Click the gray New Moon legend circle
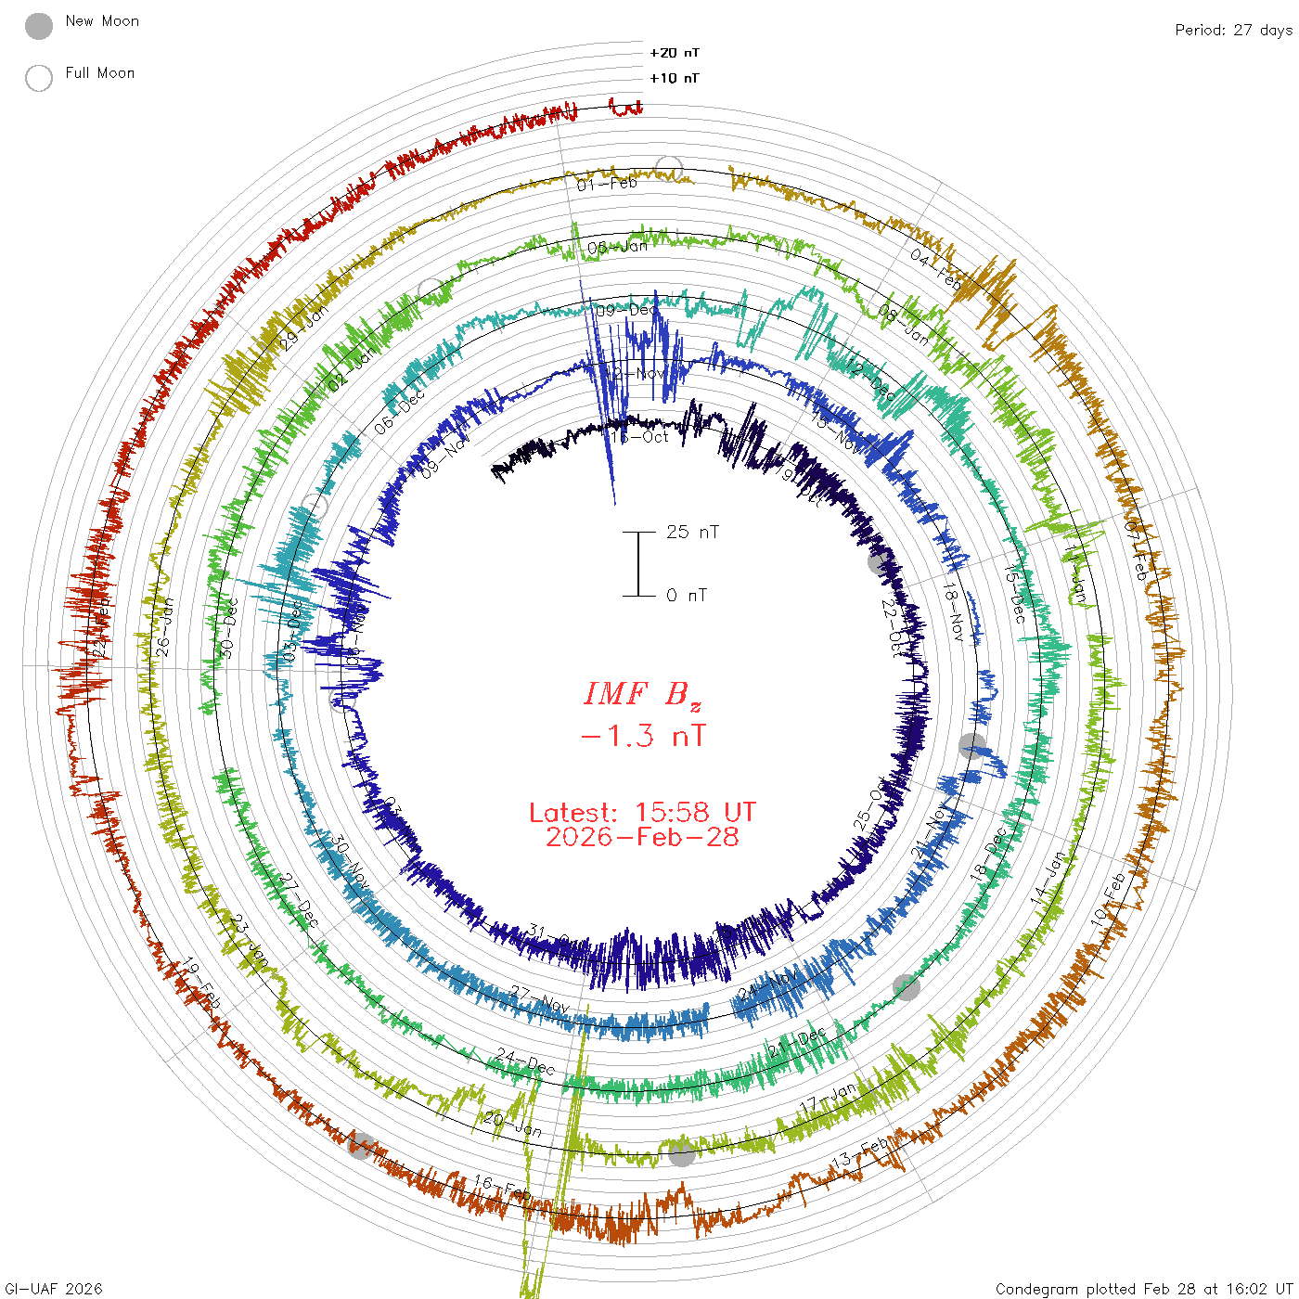click(x=39, y=26)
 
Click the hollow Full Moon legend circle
click(x=39, y=78)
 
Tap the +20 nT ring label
click(x=675, y=53)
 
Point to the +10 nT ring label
click(x=675, y=78)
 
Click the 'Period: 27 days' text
click(x=1233, y=30)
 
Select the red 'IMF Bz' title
click(x=642, y=694)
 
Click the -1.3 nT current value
click(x=642, y=737)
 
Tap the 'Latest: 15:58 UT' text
click(x=642, y=813)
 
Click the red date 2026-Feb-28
click(x=642, y=837)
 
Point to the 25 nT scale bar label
click(x=692, y=532)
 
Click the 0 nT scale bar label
click(x=687, y=595)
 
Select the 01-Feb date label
click(x=607, y=184)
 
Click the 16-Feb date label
click(x=502, y=1187)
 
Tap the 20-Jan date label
click(x=513, y=1125)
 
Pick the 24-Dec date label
click(x=524, y=1061)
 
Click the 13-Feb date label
click(x=859, y=1155)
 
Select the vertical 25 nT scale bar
click(x=638, y=563)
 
